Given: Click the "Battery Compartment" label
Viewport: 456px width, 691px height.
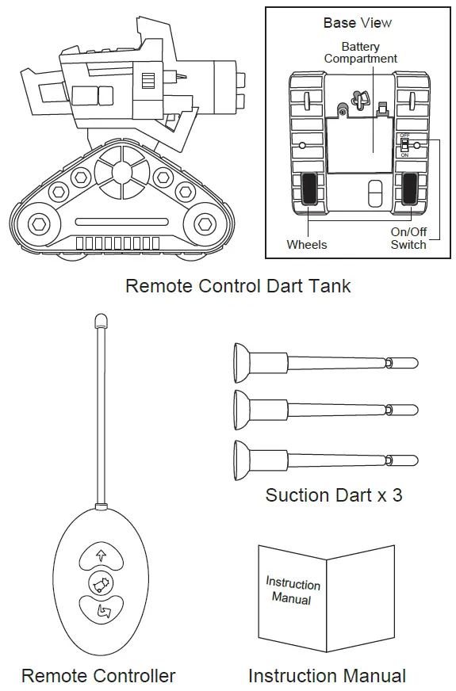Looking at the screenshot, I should [x=360, y=53].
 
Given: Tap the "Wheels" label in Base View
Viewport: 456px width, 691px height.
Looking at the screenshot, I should [x=306, y=245].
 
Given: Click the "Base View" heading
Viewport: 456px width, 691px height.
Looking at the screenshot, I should [x=357, y=23].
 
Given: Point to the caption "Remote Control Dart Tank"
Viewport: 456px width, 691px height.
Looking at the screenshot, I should [x=238, y=286].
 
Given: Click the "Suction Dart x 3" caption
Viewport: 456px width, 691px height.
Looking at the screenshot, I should [x=334, y=495].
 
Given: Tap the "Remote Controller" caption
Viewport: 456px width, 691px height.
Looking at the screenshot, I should [x=98, y=676].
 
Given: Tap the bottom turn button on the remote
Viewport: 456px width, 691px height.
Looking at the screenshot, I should [x=101, y=610].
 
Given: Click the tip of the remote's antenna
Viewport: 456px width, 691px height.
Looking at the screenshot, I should [x=99, y=319].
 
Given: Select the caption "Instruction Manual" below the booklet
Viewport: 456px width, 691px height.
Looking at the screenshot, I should [x=327, y=676].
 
